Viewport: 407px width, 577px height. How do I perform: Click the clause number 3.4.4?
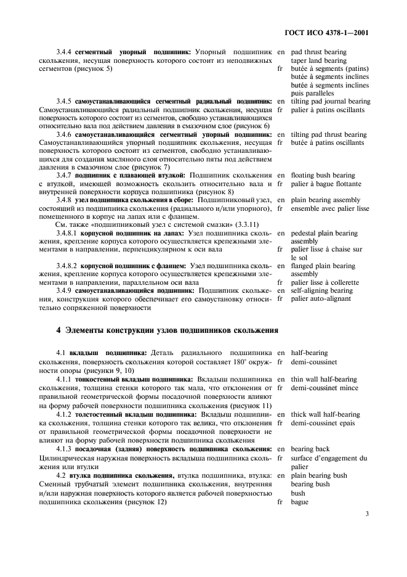pos(64,52)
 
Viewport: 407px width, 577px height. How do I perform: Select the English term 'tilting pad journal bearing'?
pos(330,101)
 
